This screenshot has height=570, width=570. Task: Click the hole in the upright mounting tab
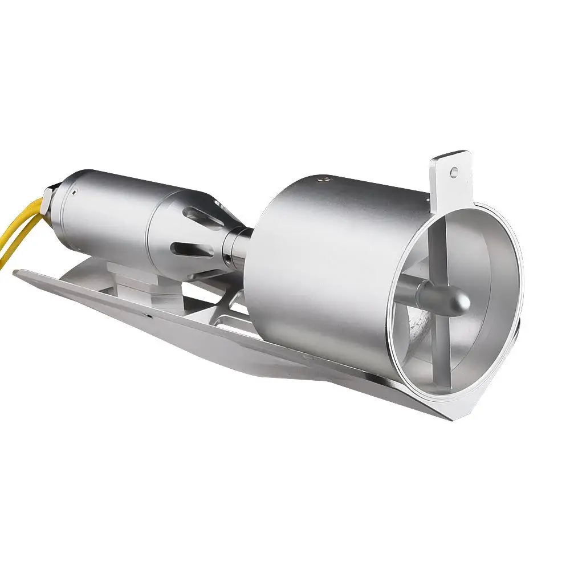(x=454, y=170)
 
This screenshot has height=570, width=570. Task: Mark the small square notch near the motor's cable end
(x=75, y=193)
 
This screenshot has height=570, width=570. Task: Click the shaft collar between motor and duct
(x=235, y=249)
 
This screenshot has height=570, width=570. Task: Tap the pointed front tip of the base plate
(x=17, y=273)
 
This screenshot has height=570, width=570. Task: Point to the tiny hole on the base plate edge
(x=149, y=314)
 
